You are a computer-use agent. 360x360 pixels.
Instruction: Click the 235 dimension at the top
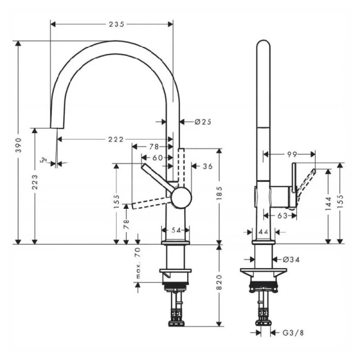coord(112,25)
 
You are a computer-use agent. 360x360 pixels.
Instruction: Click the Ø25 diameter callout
coord(203,122)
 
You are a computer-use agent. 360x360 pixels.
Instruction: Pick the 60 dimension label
coord(157,158)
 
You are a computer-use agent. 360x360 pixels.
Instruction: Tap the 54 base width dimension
coord(173,230)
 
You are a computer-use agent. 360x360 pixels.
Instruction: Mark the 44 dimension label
coord(263,231)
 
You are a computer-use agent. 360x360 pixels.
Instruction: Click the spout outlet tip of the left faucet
coord(55,128)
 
